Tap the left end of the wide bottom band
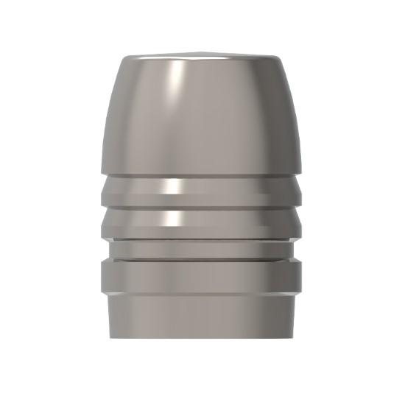(x=104, y=276)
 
